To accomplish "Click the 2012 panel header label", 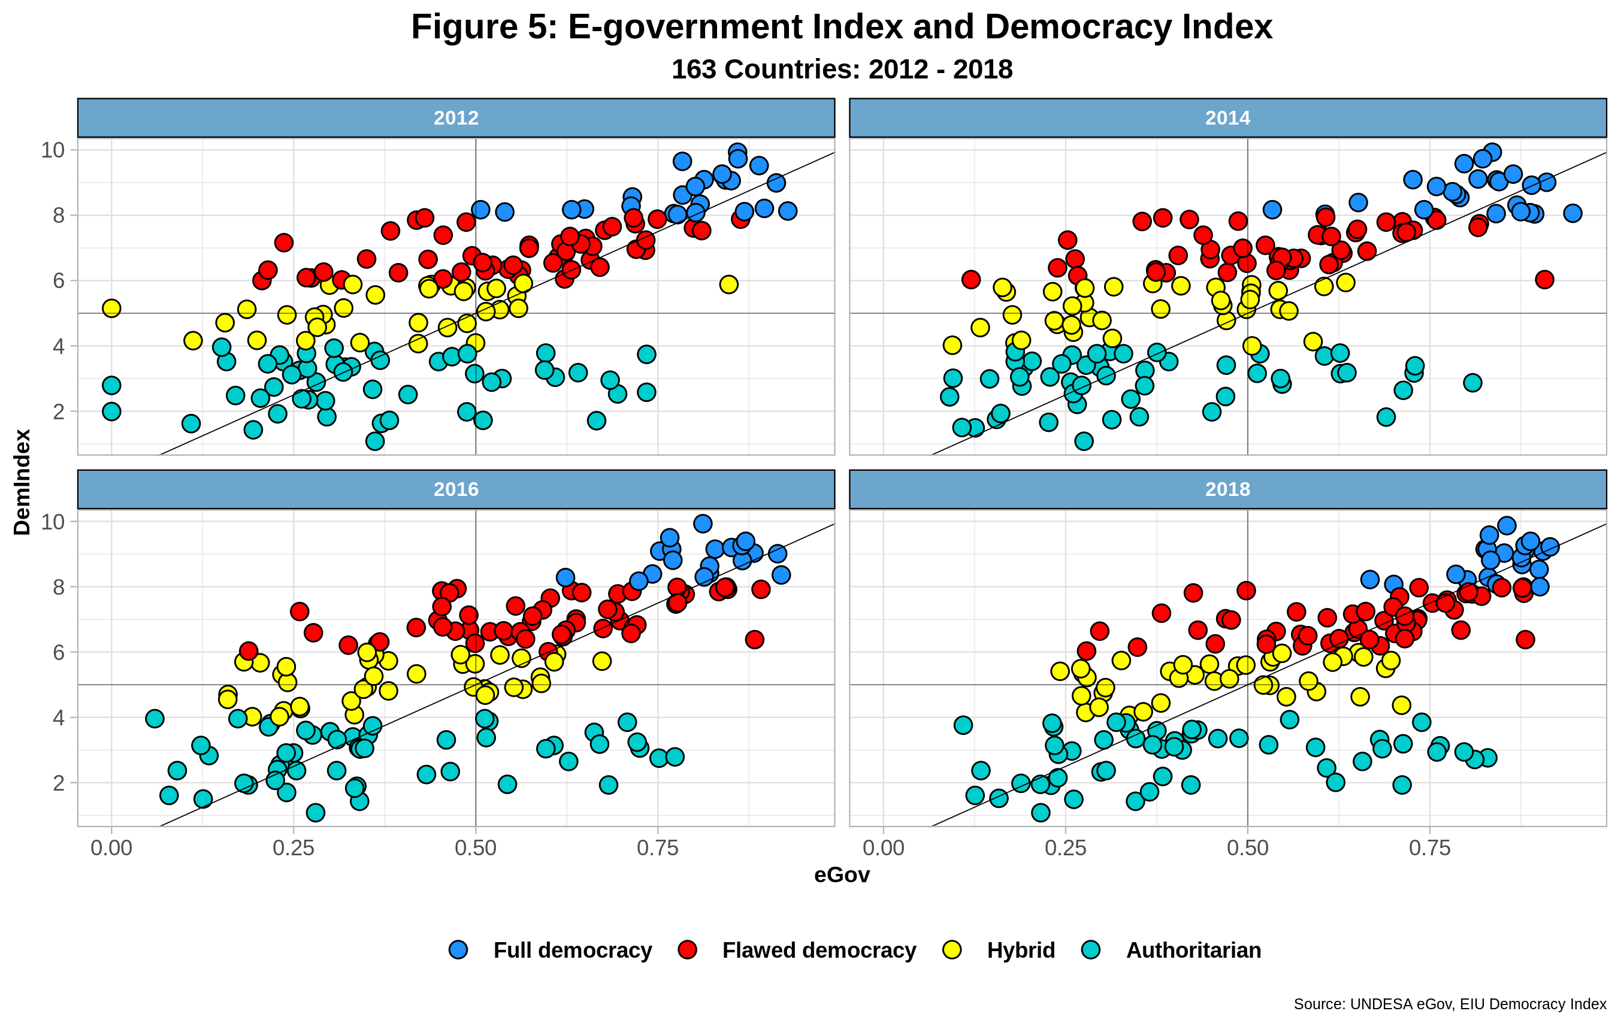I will click(x=456, y=118).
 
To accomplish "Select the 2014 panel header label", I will click(x=1227, y=118).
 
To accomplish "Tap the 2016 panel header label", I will click(x=456, y=489).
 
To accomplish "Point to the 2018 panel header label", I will click(x=1227, y=489).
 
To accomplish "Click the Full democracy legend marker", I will click(x=458, y=950).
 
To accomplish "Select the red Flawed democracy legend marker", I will click(x=687, y=950).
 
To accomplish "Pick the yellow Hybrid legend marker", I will click(x=952, y=950).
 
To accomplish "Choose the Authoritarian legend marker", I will click(x=1091, y=950).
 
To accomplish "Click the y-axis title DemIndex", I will click(x=22, y=482).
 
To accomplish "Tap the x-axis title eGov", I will click(x=842, y=874).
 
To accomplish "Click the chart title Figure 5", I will click(x=842, y=28).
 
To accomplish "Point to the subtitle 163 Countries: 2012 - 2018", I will click(x=842, y=69).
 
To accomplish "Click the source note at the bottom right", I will click(x=1449, y=1004).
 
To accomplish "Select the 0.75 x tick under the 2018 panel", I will click(x=1430, y=848).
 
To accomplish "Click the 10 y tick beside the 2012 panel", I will click(x=53, y=150).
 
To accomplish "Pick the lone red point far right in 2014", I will click(x=1545, y=279).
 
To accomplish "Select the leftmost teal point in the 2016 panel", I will click(x=155, y=718).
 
